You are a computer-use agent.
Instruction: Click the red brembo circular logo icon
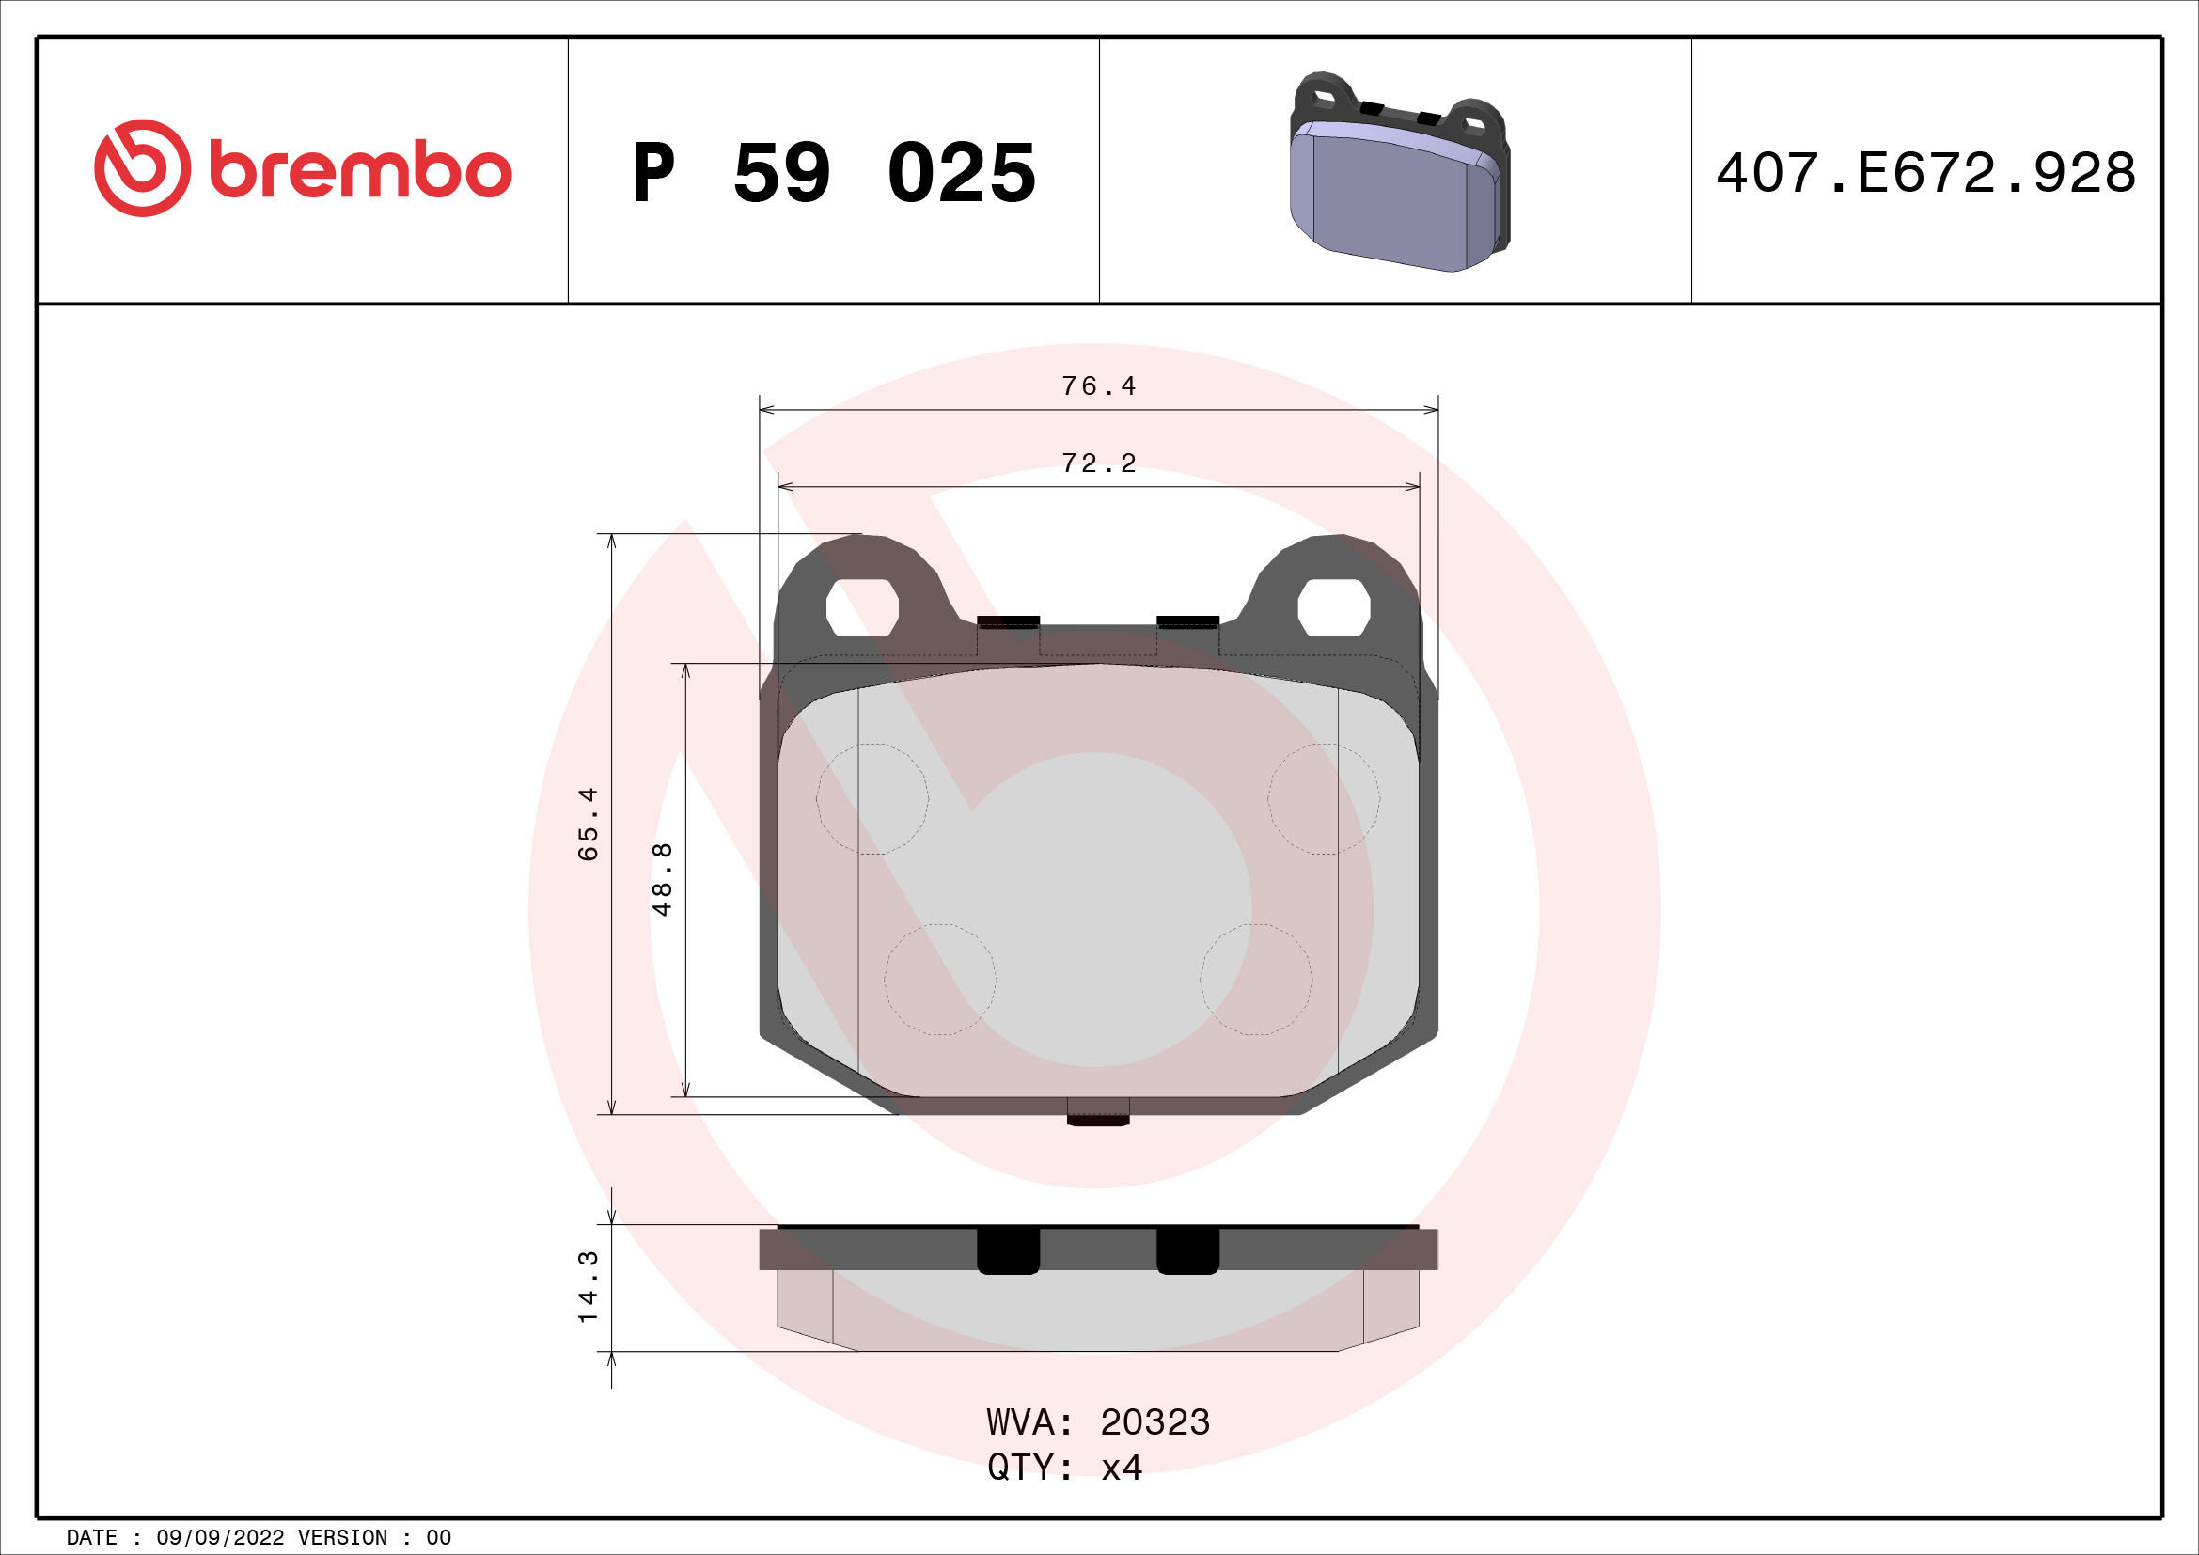[142, 168]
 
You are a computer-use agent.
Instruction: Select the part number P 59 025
[833, 173]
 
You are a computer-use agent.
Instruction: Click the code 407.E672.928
[1925, 173]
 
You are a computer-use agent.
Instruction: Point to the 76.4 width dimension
[1098, 385]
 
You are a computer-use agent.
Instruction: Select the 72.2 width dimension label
[1098, 463]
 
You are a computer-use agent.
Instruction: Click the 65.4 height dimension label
[588, 824]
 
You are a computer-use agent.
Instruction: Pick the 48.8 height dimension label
[662, 879]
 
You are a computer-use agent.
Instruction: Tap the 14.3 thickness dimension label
[588, 1287]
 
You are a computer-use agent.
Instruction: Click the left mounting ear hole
[862, 607]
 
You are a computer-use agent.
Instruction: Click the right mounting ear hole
[1333, 607]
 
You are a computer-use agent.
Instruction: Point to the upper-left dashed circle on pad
[872, 798]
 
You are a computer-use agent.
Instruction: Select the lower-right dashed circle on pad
[1256, 980]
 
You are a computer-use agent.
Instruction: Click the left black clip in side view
[1008, 1250]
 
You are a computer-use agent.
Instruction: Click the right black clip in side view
[1187, 1250]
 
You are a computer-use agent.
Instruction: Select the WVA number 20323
[1154, 1422]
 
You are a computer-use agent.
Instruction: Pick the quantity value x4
[1121, 1467]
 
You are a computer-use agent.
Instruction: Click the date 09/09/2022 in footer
[220, 1538]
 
